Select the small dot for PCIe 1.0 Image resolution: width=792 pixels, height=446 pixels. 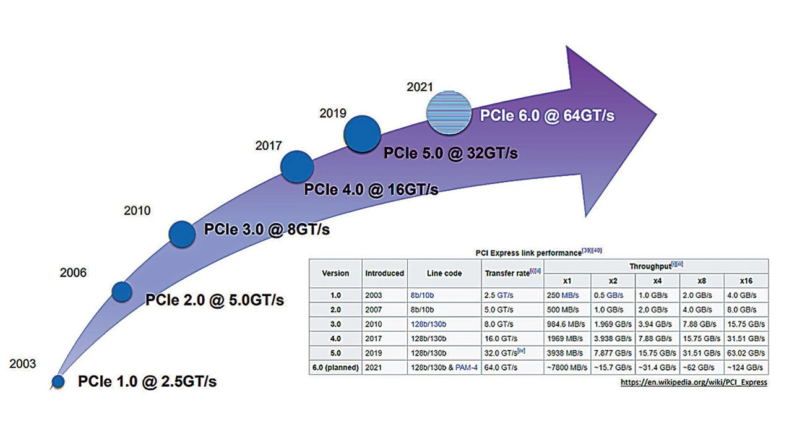click(x=58, y=382)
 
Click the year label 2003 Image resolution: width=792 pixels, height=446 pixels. click(x=23, y=364)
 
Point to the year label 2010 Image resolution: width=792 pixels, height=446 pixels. click(x=137, y=211)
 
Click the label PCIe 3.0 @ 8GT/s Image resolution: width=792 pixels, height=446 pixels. click(x=267, y=230)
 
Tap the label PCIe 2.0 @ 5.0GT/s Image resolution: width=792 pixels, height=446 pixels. click(x=214, y=301)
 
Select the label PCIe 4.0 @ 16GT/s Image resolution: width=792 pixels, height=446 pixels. click(x=371, y=189)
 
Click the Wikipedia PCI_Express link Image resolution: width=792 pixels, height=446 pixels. click(x=694, y=382)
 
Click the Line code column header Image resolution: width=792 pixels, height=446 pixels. click(x=444, y=273)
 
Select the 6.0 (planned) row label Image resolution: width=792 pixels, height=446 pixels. click(x=336, y=367)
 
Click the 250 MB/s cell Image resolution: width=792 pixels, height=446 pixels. click(x=562, y=295)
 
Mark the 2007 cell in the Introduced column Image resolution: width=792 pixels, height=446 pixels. click(x=374, y=309)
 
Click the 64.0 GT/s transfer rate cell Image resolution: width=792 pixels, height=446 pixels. click(x=501, y=367)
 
